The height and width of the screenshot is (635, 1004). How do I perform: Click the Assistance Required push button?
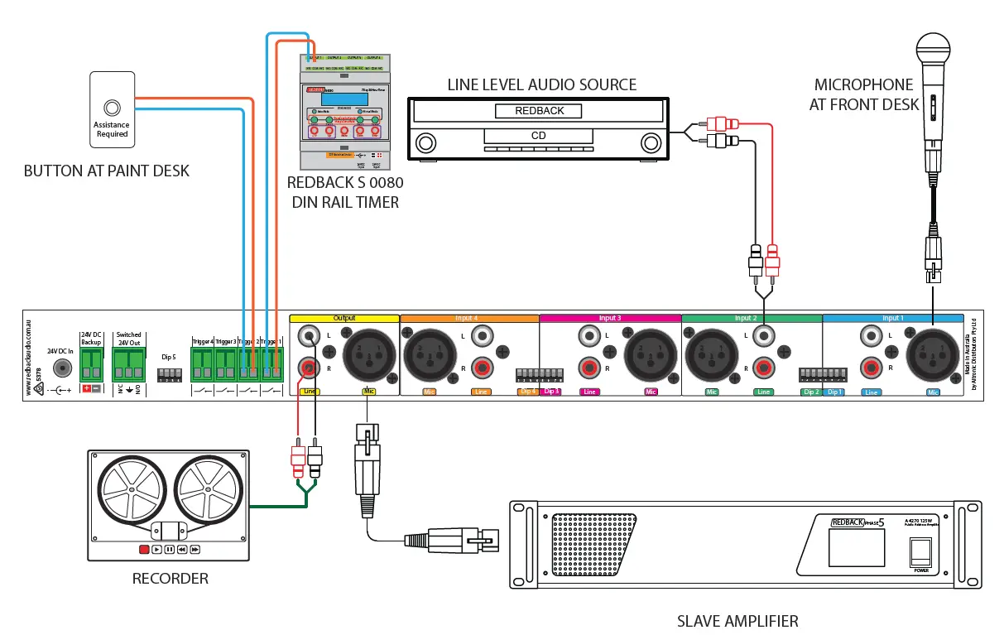tap(112, 108)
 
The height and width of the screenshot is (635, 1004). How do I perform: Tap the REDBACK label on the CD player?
tap(538, 111)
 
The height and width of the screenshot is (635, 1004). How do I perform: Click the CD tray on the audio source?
tap(538, 135)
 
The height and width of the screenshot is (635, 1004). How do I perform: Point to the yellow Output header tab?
tap(343, 318)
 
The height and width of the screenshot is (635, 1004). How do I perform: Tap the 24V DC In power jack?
tap(60, 368)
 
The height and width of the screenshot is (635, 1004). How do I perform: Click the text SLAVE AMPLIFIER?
tap(737, 621)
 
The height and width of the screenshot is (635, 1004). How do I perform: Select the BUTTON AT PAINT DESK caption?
tap(107, 171)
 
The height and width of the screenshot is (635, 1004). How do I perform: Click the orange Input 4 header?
tap(469, 318)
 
